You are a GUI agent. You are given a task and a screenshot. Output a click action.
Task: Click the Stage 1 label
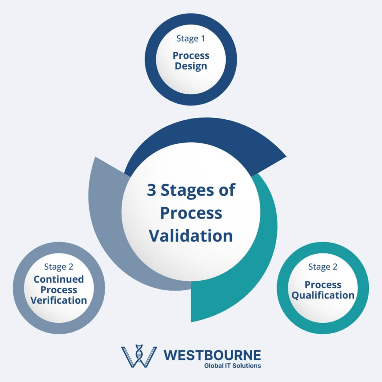click(191, 39)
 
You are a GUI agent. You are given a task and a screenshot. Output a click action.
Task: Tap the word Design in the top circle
click(191, 66)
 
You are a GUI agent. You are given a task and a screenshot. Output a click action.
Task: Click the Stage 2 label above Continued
click(58, 267)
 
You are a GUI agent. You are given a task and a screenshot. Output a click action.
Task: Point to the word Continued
click(58, 279)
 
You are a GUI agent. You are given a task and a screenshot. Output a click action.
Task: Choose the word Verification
click(58, 301)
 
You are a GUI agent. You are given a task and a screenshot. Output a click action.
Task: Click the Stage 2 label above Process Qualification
click(323, 267)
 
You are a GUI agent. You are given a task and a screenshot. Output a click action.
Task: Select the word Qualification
click(323, 295)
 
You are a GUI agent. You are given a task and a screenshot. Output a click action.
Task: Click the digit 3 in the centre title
click(151, 190)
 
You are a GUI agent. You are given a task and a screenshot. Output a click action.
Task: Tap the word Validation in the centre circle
click(191, 236)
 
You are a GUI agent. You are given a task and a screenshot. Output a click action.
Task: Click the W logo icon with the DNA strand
click(138, 356)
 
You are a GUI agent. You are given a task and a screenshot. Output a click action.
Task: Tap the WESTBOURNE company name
click(212, 355)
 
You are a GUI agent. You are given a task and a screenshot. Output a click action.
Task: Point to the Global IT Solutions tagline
click(232, 366)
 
